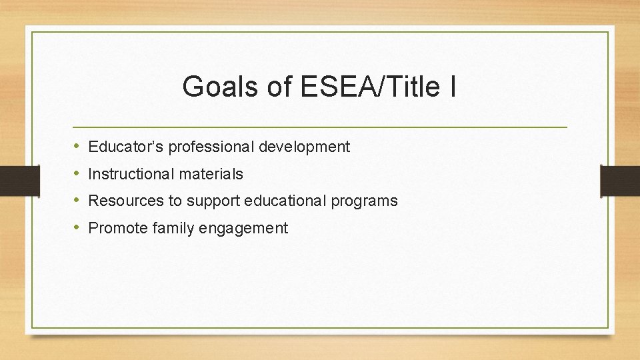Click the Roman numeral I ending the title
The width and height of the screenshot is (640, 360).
pyautogui.click(x=453, y=87)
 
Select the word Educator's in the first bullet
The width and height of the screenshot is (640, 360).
pyautogui.click(x=125, y=147)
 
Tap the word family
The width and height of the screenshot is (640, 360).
pyautogui.click(x=170, y=228)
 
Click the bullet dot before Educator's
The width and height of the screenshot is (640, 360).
pyautogui.click(x=77, y=147)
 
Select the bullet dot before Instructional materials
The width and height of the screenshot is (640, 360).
pyautogui.click(x=77, y=174)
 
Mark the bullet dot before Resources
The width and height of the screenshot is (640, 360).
pyautogui.click(x=77, y=201)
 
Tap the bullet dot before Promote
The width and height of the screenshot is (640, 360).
pyautogui.click(x=77, y=228)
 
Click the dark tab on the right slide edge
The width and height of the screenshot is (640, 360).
pyautogui.click(x=620, y=180)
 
